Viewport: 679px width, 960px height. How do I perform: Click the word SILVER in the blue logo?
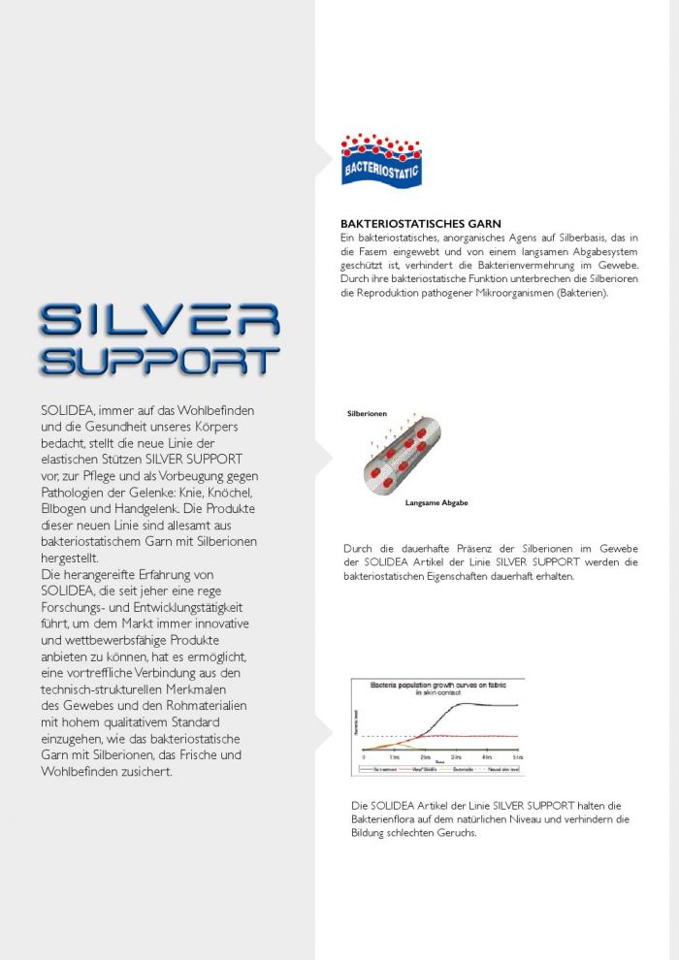[160, 320]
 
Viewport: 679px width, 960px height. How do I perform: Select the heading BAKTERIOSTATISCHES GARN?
[420, 224]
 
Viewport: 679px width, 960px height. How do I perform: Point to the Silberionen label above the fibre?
[368, 414]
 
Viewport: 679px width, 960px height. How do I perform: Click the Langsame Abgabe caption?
[436, 503]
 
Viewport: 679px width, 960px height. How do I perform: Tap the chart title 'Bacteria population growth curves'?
[437, 686]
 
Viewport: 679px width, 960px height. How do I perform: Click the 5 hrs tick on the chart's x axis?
[517, 756]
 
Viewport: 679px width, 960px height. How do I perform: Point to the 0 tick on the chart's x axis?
[364, 756]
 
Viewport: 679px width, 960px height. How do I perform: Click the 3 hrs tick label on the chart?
[456, 756]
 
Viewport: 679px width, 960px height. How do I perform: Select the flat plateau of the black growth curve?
[495, 705]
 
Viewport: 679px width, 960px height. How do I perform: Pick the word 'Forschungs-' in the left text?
[79, 607]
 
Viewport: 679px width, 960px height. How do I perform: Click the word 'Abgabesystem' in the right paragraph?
[600, 251]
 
